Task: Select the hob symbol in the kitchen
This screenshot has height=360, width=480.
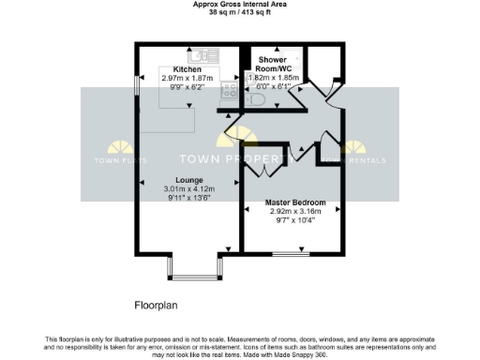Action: [x=228, y=90]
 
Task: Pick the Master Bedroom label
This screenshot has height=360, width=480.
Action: [x=294, y=202]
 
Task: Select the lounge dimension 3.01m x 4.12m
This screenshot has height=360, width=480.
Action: [x=189, y=188]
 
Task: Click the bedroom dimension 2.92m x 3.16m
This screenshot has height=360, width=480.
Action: [x=294, y=212]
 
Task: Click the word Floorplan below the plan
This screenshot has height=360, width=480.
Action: [x=157, y=305]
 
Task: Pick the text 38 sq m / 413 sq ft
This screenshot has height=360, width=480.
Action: [x=239, y=13]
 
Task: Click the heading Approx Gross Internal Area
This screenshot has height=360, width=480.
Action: [x=239, y=5]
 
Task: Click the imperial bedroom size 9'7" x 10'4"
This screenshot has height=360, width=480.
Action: [x=294, y=221]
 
